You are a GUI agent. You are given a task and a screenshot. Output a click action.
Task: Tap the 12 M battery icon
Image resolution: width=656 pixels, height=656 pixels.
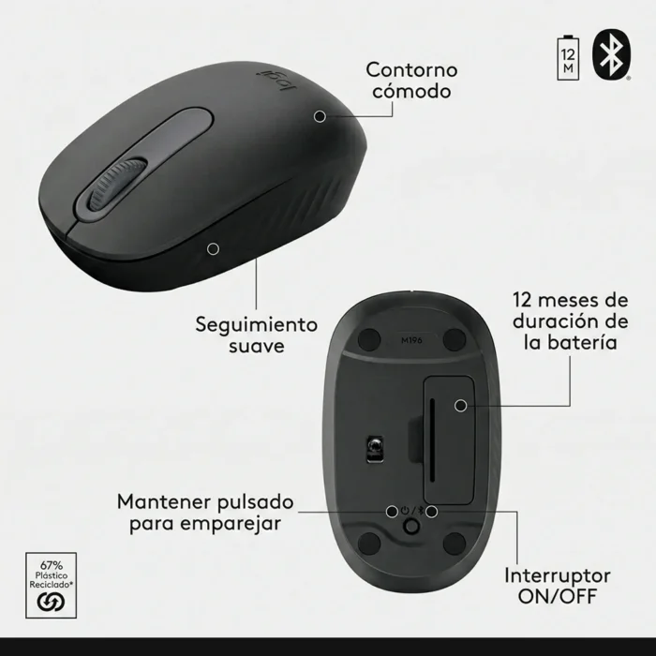click(568, 55)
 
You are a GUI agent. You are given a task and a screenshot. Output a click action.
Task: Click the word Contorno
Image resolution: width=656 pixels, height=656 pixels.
click(410, 69)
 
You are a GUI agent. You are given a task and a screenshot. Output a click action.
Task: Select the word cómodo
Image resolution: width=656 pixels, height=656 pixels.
click(410, 92)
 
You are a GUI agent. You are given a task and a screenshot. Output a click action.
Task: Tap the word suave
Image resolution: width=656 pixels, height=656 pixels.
click(257, 348)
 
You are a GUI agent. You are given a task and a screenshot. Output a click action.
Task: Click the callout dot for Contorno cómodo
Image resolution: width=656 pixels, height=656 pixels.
click(321, 115)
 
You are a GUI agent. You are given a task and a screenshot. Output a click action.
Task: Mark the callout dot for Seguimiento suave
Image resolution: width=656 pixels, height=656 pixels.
click(214, 248)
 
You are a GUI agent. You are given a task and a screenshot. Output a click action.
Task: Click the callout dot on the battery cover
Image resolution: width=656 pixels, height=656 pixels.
click(461, 406)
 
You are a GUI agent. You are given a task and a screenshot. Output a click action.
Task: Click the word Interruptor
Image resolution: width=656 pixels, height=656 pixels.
click(557, 574)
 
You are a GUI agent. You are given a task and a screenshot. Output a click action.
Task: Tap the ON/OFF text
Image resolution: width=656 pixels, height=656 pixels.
click(557, 596)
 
